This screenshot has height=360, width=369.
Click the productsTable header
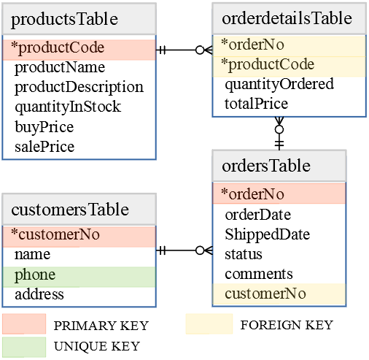pyautogui.click(x=79, y=19)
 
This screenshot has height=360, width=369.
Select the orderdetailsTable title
pyautogui.click(x=287, y=18)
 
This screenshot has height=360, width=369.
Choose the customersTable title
pyautogui.click(x=79, y=210)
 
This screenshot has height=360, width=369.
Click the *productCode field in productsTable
pyautogui.click(x=79, y=49)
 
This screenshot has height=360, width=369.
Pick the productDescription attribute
pyautogui.click(x=79, y=88)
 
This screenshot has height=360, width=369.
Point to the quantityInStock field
pyautogui.click(x=68, y=107)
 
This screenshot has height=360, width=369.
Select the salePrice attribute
pyautogui.click(x=44, y=147)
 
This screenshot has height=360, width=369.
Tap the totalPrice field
pyautogui.click(x=256, y=104)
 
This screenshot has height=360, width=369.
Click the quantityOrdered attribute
pyautogui.click(x=279, y=84)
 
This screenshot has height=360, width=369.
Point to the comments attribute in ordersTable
pyautogui.click(x=258, y=274)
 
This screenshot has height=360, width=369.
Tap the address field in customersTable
pyautogui.click(x=39, y=295)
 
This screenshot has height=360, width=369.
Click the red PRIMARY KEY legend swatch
pyautogui.click(x=23, y=324)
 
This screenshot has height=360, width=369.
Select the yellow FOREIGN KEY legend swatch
pyautogui.click(x=208, y=324)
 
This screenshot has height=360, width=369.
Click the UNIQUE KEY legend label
pyautogui.click(x=96, y=345)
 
